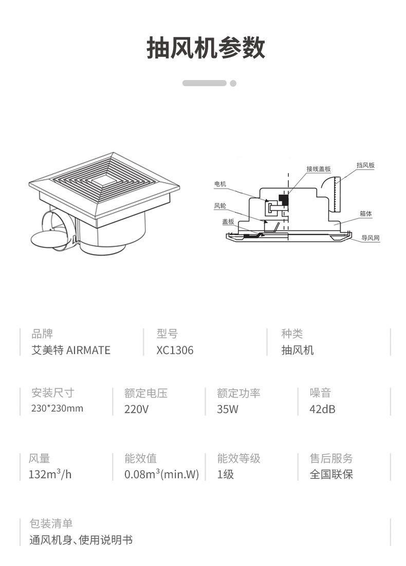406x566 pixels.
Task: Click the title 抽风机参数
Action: coord(206,49)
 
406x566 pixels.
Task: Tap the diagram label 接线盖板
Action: coord(318,169)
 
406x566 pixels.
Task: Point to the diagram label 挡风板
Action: coord(365,165)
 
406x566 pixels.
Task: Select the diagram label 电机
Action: coord(220,184)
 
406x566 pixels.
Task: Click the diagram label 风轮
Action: coord(220,206)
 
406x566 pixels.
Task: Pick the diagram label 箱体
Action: coord(365,213)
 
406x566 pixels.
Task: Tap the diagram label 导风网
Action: coord(370,238)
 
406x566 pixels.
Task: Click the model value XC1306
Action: coord(175,350)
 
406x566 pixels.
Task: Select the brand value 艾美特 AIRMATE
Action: coord(71,350)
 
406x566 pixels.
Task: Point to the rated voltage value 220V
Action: coord(136,409)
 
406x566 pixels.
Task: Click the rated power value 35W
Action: coord(228,409)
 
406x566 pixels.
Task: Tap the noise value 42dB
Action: coord(322,409)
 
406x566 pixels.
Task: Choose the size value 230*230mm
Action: coord(57,408)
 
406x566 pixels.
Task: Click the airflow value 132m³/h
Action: coord(50,474)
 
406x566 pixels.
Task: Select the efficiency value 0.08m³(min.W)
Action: coord(161,474)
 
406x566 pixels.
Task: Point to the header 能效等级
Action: coord(238,458)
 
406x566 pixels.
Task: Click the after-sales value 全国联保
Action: coord(331,474)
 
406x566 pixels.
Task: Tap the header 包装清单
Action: coord(51,523)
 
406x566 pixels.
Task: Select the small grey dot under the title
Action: coord(233,83)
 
